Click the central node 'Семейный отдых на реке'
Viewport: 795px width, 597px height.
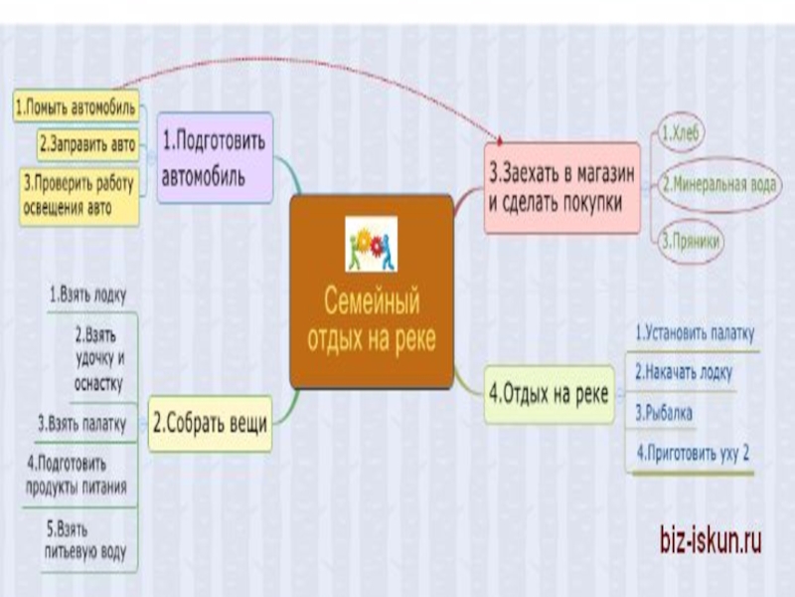coord(370,313)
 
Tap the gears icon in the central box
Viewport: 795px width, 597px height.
coord(371,245)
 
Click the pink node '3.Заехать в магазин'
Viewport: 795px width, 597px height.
coord(562,187)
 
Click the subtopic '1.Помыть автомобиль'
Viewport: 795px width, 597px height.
coord(77,105)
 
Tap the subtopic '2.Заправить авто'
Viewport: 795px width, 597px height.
coord(86,143)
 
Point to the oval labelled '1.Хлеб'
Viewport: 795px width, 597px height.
coord(684,132)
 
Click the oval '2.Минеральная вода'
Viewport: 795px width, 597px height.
coord(718,182)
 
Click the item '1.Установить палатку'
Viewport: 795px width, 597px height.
coord(695,333)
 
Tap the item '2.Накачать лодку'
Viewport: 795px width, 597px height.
coord(684,372)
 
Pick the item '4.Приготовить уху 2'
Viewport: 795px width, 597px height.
coord(693,454)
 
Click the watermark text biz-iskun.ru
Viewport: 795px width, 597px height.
coord(711,541)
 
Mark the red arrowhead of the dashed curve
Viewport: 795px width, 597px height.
coord(501,140)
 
